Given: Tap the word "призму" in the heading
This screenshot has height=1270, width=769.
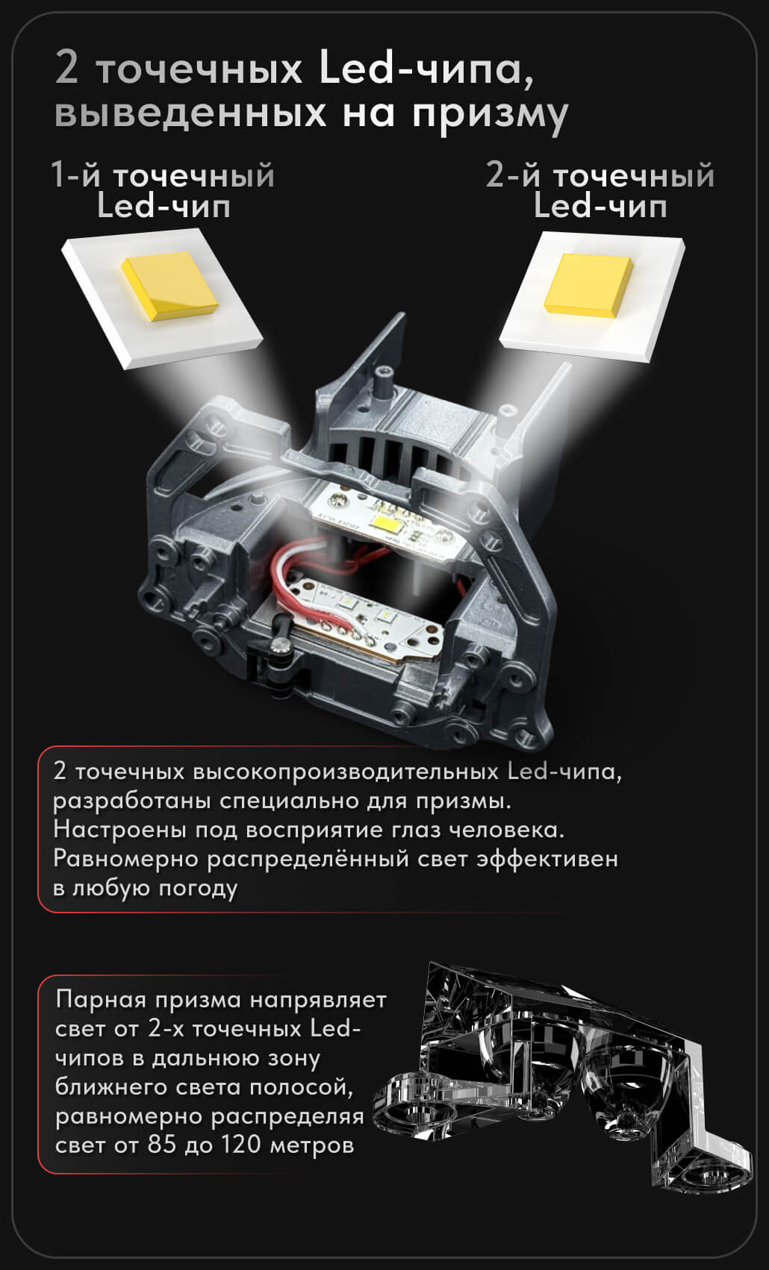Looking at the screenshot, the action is [x=490, y=115].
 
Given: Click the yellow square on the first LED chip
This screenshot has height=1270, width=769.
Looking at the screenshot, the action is [x=169, y=286].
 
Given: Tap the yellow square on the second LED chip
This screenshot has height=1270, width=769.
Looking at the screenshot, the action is [x=588, y=284].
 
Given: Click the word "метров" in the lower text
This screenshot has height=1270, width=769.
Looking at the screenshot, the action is [x=312, y=1146].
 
